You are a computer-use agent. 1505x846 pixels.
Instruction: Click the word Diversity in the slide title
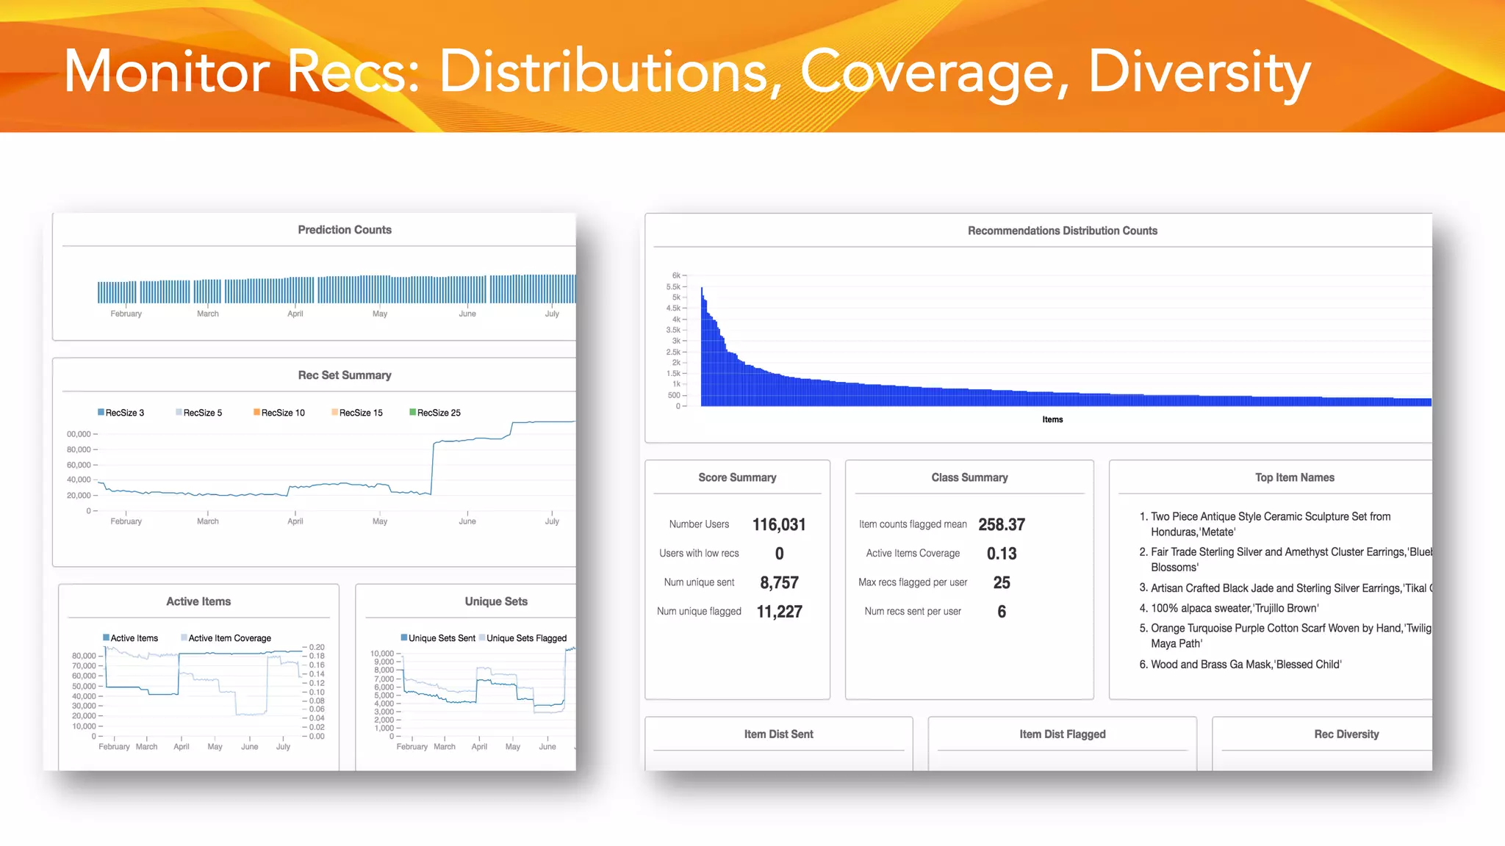coord(1199,72)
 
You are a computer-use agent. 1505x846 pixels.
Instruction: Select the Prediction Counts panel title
coord(345,230)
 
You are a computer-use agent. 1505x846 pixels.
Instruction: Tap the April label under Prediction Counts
coord(295,314)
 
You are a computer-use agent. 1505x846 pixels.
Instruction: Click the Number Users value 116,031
coord(779,524)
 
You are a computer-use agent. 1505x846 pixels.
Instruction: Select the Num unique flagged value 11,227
coord(779,612)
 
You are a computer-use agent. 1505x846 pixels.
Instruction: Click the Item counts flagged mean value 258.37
coord(1001,524)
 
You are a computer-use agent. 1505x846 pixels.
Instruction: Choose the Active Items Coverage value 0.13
coord(1001,554)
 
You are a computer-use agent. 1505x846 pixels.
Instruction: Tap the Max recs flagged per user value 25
coord(1001,582)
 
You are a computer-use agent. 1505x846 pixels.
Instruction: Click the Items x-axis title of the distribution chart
coord(1052,419)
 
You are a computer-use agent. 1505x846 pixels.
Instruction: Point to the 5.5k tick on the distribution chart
coord(673,287)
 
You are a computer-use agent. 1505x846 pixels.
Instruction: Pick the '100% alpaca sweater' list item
coord(1235,608)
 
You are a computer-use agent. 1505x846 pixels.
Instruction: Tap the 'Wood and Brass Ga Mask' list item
coord(1246,665)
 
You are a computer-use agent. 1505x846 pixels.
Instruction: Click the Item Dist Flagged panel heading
coord(1062,734)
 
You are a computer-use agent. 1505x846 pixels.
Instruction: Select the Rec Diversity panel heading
coord(1346,734)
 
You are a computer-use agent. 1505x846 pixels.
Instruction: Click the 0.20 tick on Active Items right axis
coord(317,648)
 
